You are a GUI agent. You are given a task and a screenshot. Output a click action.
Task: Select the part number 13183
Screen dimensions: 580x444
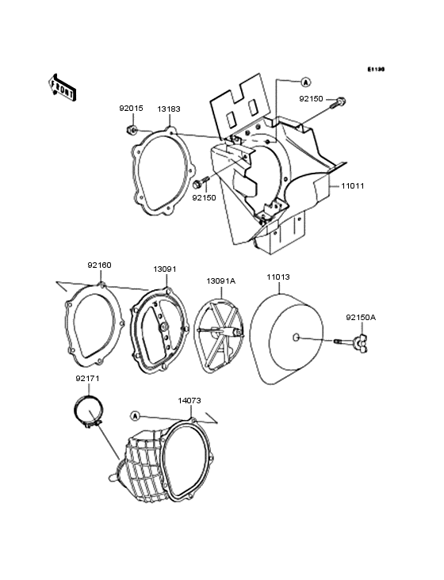[168, 109]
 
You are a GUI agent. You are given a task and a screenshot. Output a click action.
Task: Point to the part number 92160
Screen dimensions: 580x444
[99, 266]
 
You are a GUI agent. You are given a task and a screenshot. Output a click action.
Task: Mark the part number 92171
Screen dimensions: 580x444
[87, 379]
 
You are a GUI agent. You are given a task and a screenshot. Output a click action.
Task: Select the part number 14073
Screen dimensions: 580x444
[189, 402]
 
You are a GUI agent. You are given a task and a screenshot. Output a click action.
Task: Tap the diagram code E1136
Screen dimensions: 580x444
[376, 70]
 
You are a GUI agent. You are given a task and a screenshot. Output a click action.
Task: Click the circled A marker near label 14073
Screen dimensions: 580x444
[134, 415]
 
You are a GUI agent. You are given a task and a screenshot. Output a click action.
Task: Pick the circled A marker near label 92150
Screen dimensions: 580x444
[305, 82]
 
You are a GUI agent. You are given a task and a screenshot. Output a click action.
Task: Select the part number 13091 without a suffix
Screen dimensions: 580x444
[165, 269]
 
